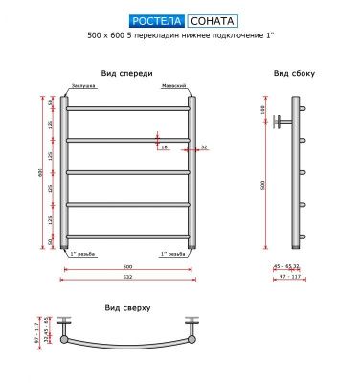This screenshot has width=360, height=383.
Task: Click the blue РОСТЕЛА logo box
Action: pyautogui.click(x=155, y=20)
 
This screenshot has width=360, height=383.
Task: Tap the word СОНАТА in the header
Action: pyautogui.click(x=208, y=20)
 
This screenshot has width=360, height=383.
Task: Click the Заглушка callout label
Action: pyautogui.click(x=79, y=86)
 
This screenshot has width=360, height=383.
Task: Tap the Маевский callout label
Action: pyautogui.click(x=176, y=86)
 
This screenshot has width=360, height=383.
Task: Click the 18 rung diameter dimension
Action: pyautogui.click(x=164, y=146)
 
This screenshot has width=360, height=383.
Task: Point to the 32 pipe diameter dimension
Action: pyautogui.click(x=204, y=146)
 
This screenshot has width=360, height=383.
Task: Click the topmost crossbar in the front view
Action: pyautogui.click(x=127, y=108)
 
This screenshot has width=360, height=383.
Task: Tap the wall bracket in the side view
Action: pyautogui.click(x=278, y=122)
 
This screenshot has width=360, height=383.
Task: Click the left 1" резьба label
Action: pyautogui.click(x=79, y=255)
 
